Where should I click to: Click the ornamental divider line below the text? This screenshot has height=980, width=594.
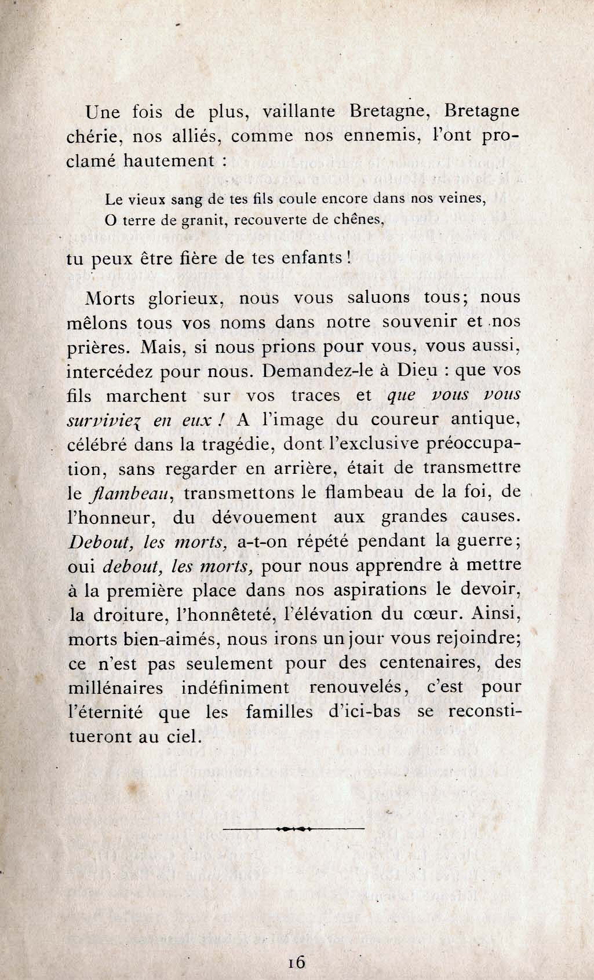pyautogui.click(x=293, y=829)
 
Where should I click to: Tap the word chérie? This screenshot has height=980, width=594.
pyautogui.click(x=94, y=137)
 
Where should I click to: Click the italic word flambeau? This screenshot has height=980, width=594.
pyautogui.click(x=130, y=493)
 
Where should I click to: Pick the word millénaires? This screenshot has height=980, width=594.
pyautogui.click(x=115, y=688)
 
